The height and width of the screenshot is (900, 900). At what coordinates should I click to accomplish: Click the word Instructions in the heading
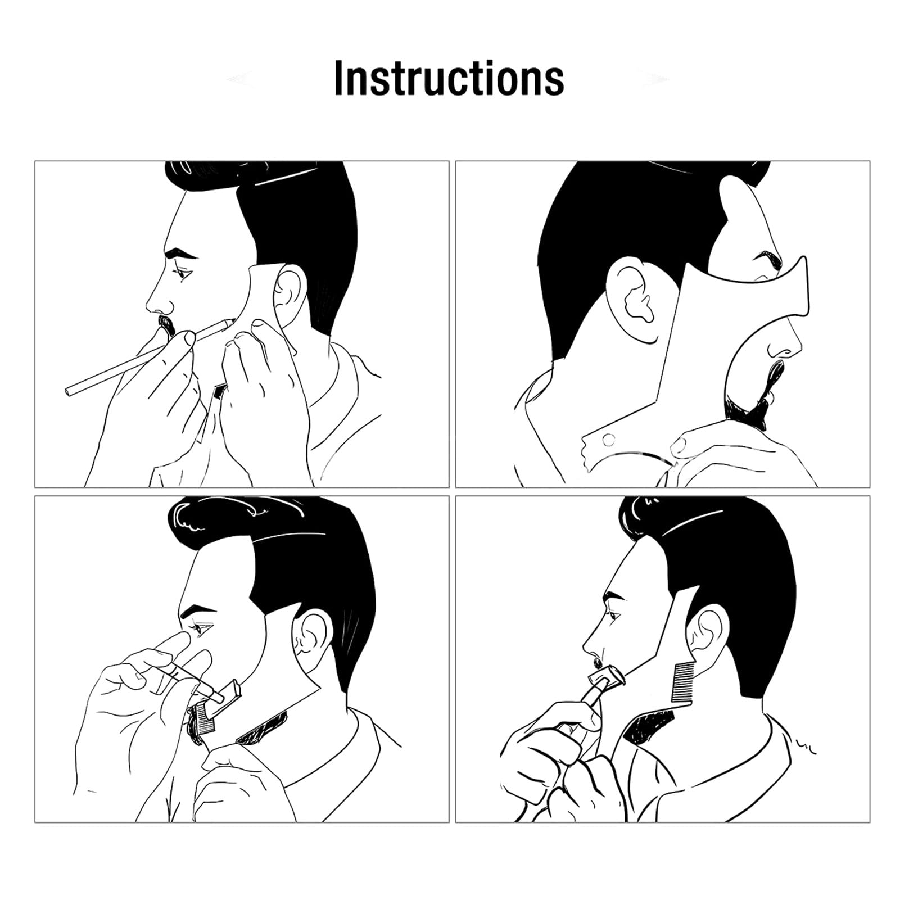click(x=449, y=79)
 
